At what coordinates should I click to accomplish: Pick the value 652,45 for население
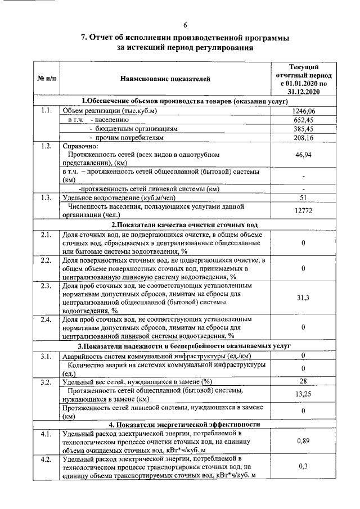(304, 120)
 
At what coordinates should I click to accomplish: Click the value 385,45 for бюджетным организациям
(304, 128)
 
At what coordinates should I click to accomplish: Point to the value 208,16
(304, 137)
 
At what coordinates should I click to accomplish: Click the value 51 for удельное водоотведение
(304, 197)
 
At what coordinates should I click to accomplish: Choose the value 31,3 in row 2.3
(304, 298)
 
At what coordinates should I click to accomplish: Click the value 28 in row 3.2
(304, 382)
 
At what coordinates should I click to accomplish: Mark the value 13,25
(304, 394)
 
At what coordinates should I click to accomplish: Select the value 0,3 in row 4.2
(304, 467)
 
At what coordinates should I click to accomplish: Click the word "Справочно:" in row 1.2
(80, 146)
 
